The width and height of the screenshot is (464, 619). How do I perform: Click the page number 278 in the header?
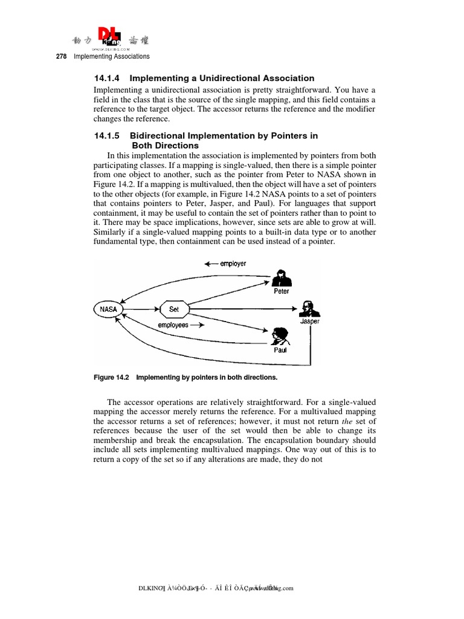pos(61,57)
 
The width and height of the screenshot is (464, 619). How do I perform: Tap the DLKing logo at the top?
pos(111,41)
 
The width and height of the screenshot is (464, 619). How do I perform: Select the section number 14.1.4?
pos(108,78)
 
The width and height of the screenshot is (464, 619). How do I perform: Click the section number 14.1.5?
pos(108,135)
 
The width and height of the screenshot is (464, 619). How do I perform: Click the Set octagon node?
pos(173,309)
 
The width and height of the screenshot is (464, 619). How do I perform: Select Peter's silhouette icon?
pos(281,277)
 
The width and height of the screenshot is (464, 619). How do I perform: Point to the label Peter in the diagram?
pos(282,291)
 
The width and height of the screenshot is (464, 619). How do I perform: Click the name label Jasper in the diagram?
pos(310,322)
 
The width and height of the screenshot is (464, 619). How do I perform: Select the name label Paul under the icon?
pos(280,350)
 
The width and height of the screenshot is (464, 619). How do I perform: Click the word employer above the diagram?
pos(233,264)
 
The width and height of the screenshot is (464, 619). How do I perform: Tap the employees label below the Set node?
pos(173,325)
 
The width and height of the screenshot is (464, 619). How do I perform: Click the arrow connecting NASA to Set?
pos(140,309)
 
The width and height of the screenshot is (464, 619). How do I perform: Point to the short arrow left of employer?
pos(210,264)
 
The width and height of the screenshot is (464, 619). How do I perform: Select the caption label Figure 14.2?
pos(112,377)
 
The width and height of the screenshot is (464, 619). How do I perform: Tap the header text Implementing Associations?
pos(111,57)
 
